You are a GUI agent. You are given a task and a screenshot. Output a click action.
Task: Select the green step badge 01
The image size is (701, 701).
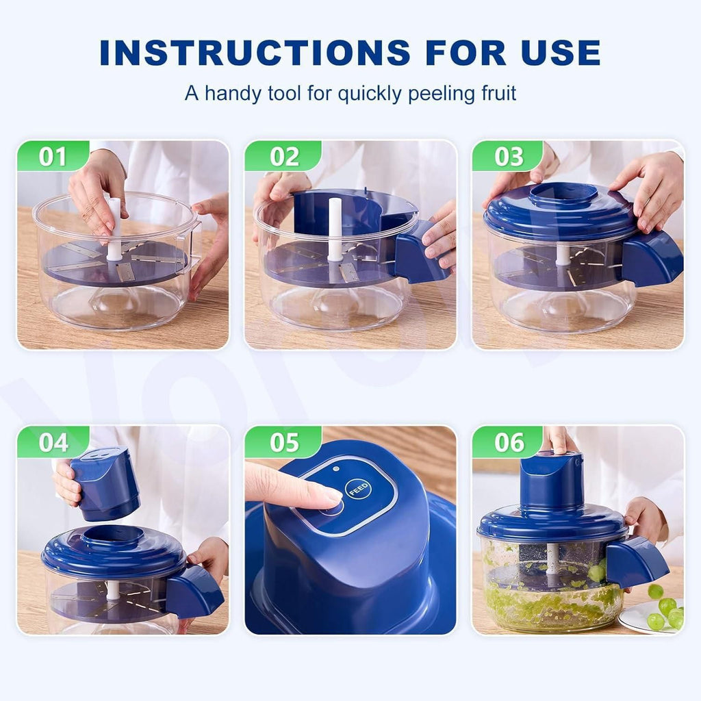click(52, 156)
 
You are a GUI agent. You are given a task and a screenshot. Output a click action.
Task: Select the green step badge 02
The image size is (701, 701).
click(282, 156)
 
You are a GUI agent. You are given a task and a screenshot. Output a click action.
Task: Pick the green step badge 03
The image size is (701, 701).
click(509, 156)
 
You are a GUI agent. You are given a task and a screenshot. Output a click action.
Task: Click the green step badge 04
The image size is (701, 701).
click(52, 442)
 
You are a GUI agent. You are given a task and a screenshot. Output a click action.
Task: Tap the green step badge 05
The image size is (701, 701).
click(282, 442)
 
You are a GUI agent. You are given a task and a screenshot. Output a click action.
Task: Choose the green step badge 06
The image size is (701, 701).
click(509, 442)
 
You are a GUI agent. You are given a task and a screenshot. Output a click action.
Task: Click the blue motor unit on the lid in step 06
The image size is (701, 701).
click(551, 483)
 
